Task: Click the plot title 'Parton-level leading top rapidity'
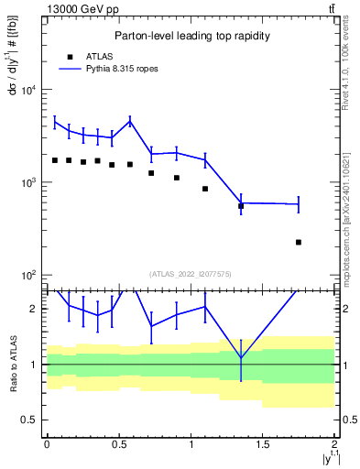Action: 190,36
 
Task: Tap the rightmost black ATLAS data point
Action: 299,242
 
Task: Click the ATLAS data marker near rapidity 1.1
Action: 205,189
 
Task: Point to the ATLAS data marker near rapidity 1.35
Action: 241,206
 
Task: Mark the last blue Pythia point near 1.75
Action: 299,204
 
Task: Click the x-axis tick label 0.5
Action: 118,444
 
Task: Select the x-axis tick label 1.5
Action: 263,444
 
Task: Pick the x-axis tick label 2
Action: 335,444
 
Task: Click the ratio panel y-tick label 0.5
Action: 31,420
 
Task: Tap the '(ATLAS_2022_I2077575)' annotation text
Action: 190,273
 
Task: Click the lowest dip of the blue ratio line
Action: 241,357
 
